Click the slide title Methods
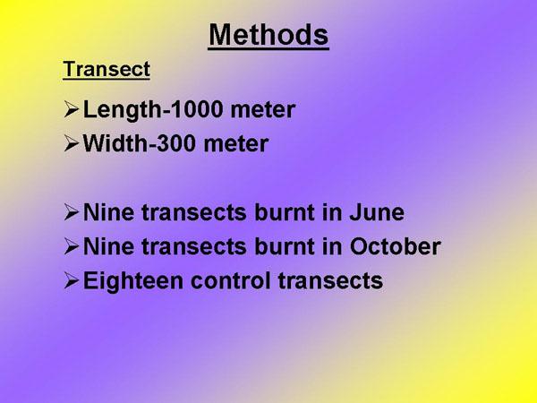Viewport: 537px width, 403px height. (x=268, y=35)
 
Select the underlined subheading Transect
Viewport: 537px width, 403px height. (x=107, y=69)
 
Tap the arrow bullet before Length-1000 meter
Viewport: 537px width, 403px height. (x=72, y=109)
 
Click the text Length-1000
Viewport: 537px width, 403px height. (x=153, y=110)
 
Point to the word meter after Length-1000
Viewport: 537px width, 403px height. (x=262, y=110)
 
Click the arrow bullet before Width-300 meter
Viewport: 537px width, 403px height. (x=72, y=143)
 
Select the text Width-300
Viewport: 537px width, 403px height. (x=140, y=143)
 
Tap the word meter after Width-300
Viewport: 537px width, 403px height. (x=236, y=144)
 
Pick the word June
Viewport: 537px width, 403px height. (x=377, y=212)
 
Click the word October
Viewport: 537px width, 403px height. (x=396, y=246)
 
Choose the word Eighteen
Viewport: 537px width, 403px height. (x=133, y=282)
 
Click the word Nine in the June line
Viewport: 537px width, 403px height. (x=108, y=212)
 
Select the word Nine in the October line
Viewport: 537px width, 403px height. (x=108, y=246)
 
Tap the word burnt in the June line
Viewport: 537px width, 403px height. (x=285, y=212)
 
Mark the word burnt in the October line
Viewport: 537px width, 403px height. (x=285, y=246)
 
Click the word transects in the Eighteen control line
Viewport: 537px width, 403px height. (x=330, y=281)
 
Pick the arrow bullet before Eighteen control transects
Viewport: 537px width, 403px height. (x=72, y=281)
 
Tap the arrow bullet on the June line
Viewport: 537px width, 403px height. (x=72, y=212)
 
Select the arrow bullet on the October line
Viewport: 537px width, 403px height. (x=72, y=246)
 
